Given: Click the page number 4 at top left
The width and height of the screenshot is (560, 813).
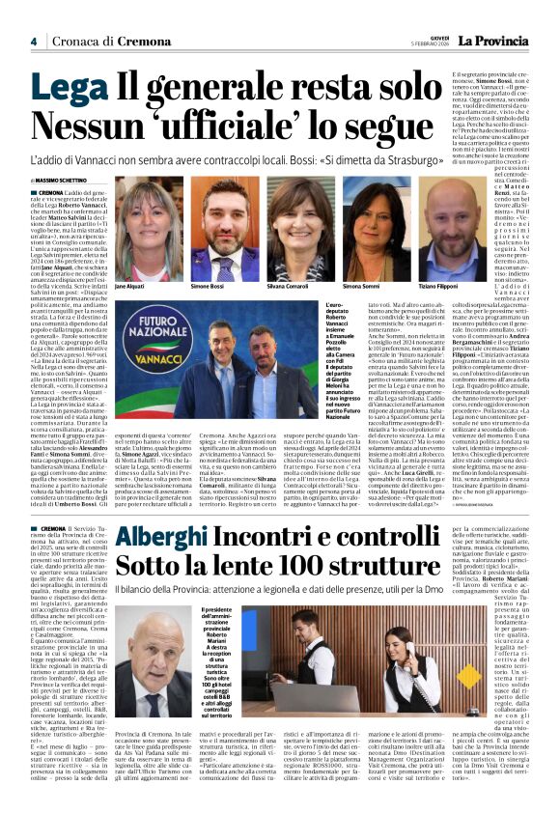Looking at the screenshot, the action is (x=34, y=41).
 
